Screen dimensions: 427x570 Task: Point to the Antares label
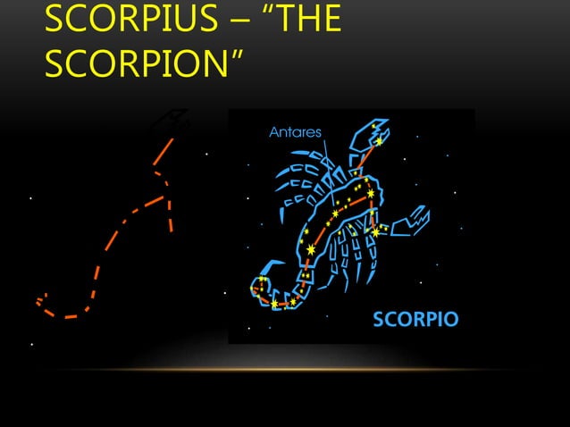(x=295, y=132)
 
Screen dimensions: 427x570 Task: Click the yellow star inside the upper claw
(x=379, y=141)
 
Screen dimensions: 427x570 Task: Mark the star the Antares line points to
(x=336, y=213)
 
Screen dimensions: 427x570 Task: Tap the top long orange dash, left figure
(x=162, y=153)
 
